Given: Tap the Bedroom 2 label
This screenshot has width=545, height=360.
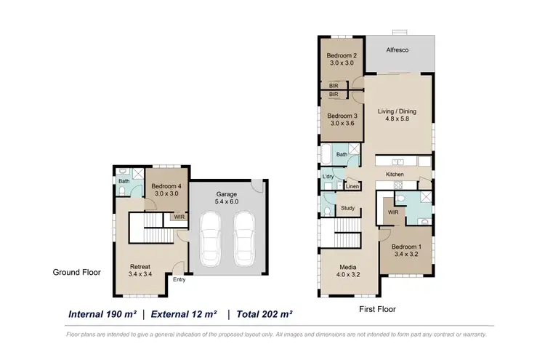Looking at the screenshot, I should click(341, 56).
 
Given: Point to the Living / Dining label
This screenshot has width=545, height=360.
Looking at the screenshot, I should click(397, 111).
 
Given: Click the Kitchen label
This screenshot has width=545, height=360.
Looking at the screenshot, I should click(395, 175).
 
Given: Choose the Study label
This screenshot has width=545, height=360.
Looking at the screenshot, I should click(347, 209).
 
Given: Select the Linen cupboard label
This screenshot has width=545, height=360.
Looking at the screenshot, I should click(352, 187).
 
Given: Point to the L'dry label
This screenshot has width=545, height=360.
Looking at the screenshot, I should click(328, 177).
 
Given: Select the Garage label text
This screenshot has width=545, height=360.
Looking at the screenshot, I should click(227, 194).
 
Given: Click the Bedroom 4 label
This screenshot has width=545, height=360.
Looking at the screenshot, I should click(166, 186).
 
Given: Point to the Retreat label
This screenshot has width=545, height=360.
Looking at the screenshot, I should click(140, 266).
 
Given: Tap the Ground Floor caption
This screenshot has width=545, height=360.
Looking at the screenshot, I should click(76, 272).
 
